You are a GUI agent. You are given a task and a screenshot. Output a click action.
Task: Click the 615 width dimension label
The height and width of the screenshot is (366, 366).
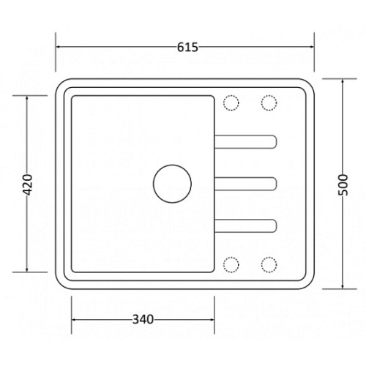(x=187, y=48)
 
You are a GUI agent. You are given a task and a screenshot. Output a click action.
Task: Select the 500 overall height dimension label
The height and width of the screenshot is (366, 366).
(x=343, y=184)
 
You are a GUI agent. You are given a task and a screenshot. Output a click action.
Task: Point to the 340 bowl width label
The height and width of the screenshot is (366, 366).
(x=143, y=319)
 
